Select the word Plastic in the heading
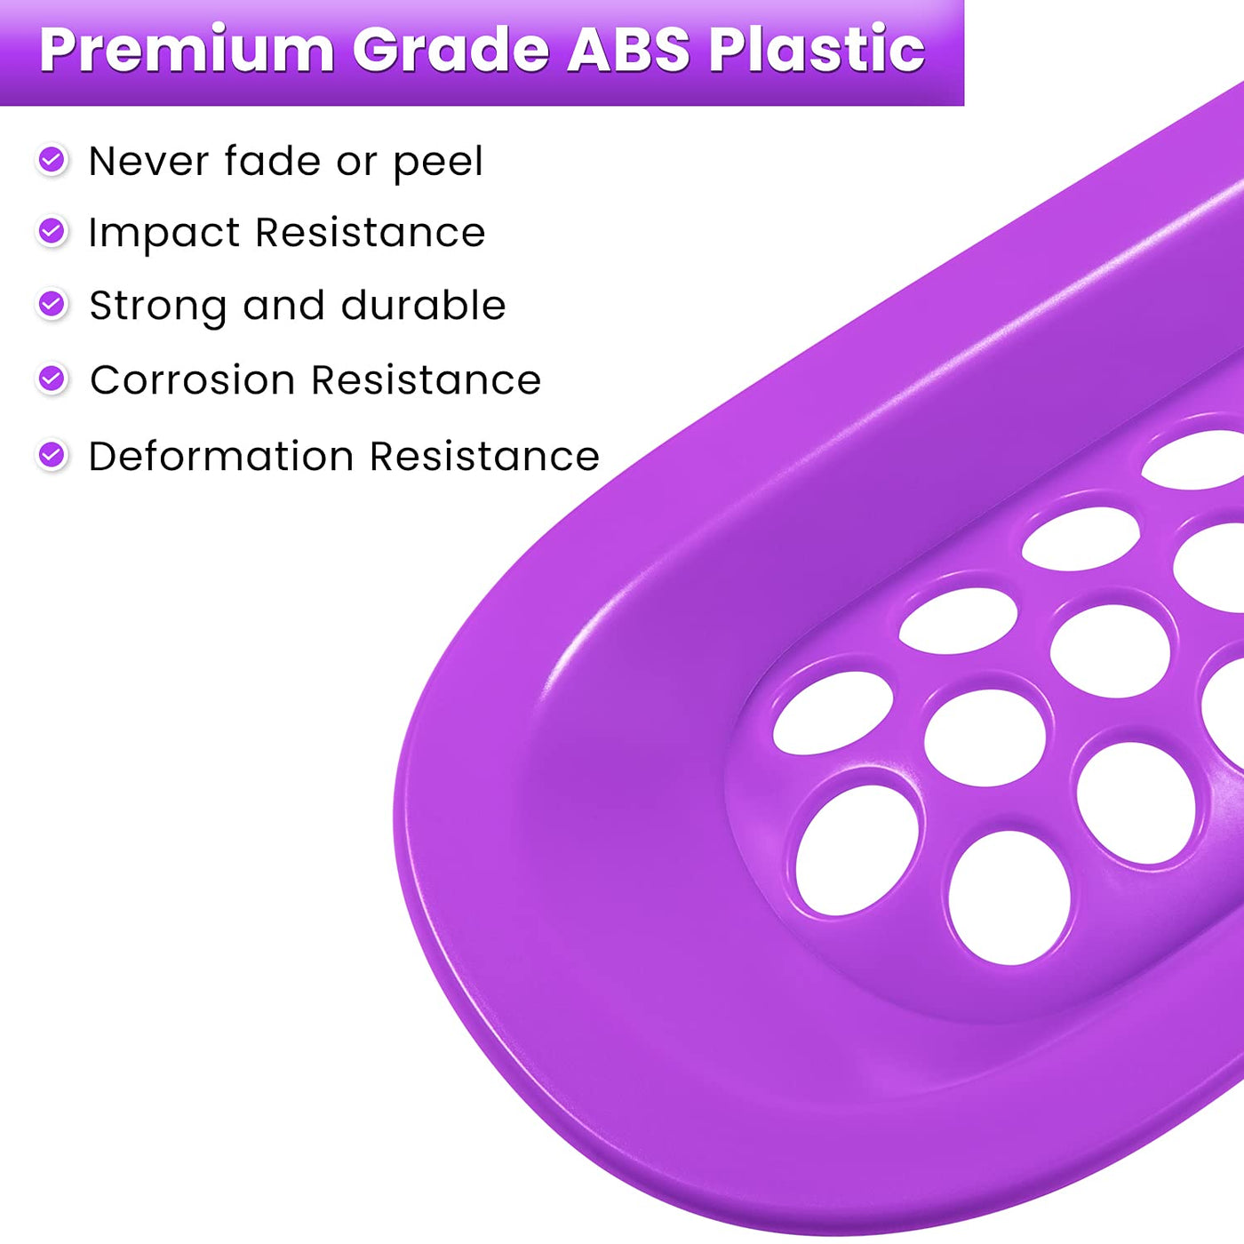tap(817, 50)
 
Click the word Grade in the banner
tap(451, 50)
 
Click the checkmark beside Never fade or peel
tap(52, 159)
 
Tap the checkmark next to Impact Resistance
tap(52, 231)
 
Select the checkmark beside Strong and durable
tap(52, 303)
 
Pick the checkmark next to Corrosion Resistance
tap(52, 379)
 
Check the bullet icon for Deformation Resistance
tap(52, 455)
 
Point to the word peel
tap(438, 163)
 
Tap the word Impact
tap(164, 234)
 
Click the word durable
tap(424, 305)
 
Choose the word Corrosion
tap(193, 379)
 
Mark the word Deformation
tap(221, 457)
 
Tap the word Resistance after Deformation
tap(485, 457)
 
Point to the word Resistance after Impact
tap(371, 233)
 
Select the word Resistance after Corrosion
tap(427, 379)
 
